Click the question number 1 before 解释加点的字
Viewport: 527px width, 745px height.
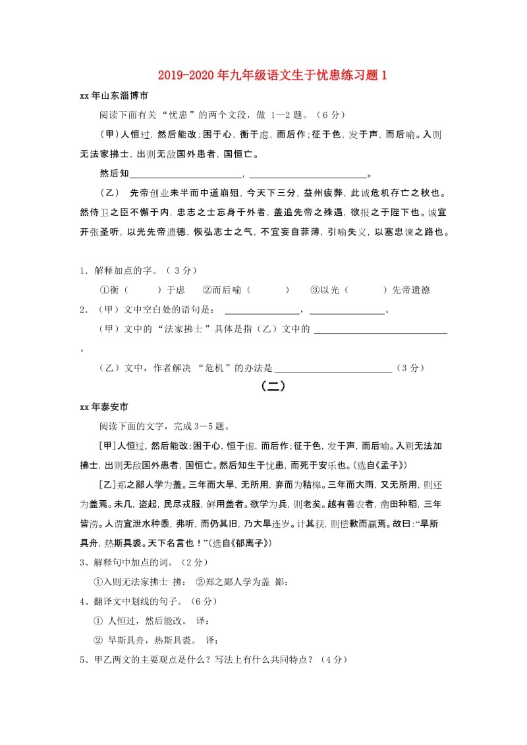tap(83, 270)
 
